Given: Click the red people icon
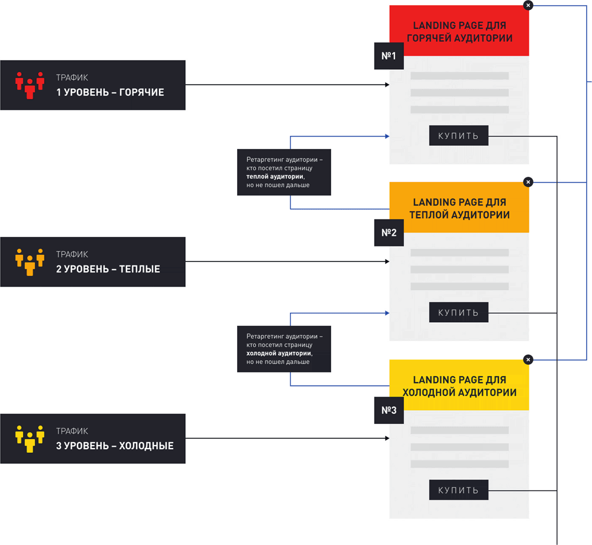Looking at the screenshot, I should tap(30, 85).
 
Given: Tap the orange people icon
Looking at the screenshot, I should tap(30, 262).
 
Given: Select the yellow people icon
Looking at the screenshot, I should tap(30, 439).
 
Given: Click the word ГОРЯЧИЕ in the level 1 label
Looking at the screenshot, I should tap(141, 92).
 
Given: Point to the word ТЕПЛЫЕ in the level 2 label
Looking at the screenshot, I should tap(140, 269).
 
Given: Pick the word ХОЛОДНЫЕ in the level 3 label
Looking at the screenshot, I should tap(146, 446).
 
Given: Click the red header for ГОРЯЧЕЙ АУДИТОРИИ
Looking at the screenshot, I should tap(460, 31).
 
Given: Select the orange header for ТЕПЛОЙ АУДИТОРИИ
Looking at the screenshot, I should tap(460, 208).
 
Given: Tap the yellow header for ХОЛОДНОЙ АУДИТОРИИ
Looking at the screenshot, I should tap(460, 385).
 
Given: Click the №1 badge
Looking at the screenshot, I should tap(389, 56).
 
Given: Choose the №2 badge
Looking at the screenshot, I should tap(389, 233).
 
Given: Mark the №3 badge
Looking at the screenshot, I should tap(389, 410).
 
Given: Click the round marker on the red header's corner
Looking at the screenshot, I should tap(528, 5).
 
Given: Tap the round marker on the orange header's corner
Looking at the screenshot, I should tap(528, 182).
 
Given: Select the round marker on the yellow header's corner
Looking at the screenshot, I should tap(528, 359).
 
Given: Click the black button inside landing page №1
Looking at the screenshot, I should tap(458, 136).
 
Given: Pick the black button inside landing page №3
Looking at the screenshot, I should tap(458, 489).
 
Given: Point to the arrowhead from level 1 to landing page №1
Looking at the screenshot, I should tap(387, 85).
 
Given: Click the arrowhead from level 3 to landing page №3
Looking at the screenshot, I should tap(387, 439).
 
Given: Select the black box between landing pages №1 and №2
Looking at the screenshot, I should tap(284, 172).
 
